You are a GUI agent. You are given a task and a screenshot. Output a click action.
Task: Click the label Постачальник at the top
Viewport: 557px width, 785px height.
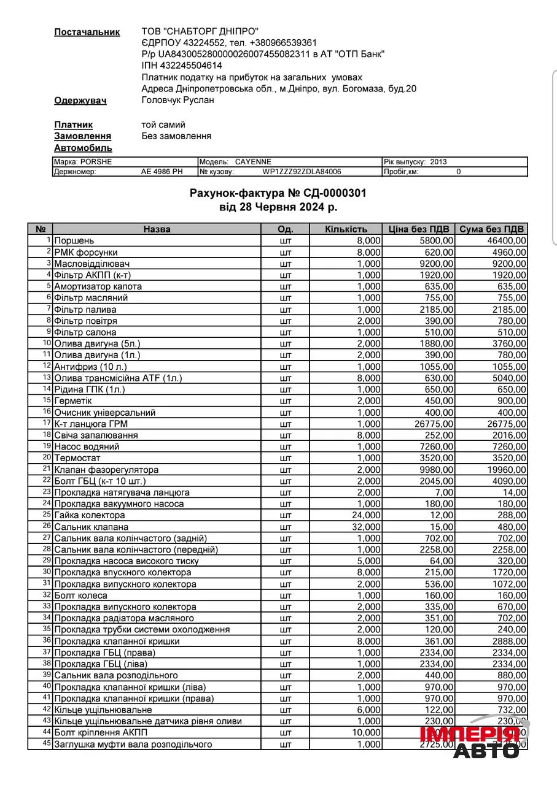click(x=87, y=32)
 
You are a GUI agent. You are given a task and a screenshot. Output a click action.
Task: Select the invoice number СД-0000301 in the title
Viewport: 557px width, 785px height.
click(x=336, y=193)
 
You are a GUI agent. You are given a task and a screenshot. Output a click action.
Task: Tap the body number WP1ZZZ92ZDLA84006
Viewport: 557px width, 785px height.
click(x=302, y=172)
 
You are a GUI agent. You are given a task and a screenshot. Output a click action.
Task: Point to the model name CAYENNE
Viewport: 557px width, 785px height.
click(x=253, y=162)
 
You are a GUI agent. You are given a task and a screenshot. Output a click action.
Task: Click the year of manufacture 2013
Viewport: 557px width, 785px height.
click(x=438, y=162)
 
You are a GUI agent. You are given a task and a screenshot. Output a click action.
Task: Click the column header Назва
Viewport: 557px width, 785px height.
click(x=157, y=229)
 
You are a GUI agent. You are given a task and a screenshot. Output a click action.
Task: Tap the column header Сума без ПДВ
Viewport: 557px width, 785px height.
click(x=491, y=229)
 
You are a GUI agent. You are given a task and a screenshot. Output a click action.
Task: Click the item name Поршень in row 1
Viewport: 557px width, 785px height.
click(x=74, y=241)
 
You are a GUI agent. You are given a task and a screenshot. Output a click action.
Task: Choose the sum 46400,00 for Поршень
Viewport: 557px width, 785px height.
click(x=503, y=241)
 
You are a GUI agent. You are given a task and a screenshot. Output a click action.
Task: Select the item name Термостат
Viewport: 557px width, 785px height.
click(x=77, y=458)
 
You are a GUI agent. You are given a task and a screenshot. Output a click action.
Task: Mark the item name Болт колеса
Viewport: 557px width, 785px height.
click(x=80, y=595)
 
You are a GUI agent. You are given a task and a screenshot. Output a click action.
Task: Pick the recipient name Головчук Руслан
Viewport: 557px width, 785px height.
click(x=177, y=100)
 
